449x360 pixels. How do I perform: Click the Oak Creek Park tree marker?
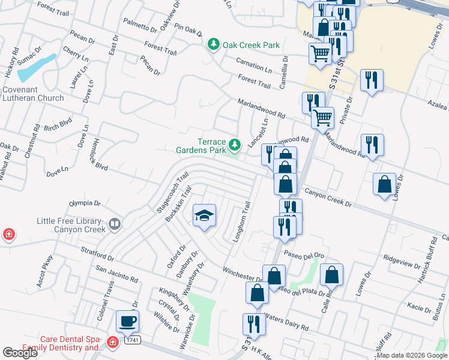point(213,44)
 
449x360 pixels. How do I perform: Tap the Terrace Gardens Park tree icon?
point(235,145)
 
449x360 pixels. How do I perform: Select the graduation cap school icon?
point(204,216)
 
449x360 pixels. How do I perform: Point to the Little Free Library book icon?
point(114,225)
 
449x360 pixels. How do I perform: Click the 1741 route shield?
point(133,340)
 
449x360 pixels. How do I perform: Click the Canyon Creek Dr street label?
point(328,198)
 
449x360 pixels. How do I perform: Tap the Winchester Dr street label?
point(243,274)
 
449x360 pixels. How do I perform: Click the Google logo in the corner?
point(20,353)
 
